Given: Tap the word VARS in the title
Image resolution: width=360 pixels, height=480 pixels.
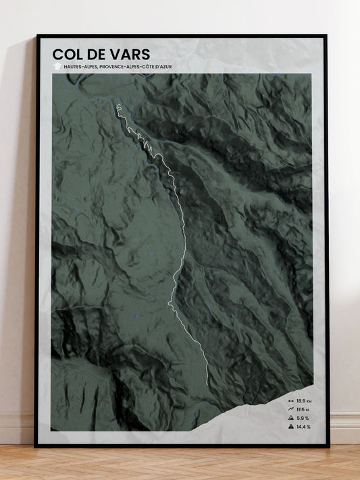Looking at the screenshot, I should click(129, 53).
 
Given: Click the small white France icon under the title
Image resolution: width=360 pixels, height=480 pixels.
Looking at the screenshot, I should click(57, 67).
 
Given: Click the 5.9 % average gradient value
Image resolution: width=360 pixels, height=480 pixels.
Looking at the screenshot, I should click(302, 419).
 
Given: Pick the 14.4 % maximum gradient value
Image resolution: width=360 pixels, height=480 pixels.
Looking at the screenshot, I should click(303, 427).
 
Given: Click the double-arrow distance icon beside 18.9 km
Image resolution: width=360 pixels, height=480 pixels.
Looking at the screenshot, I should click(290, 401).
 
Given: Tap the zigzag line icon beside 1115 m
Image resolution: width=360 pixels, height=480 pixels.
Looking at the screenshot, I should click(290, 410).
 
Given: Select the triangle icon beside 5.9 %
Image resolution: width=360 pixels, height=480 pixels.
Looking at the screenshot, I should click(290, 419).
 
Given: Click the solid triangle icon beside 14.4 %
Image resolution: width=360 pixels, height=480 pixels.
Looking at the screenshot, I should click(290, 427).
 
